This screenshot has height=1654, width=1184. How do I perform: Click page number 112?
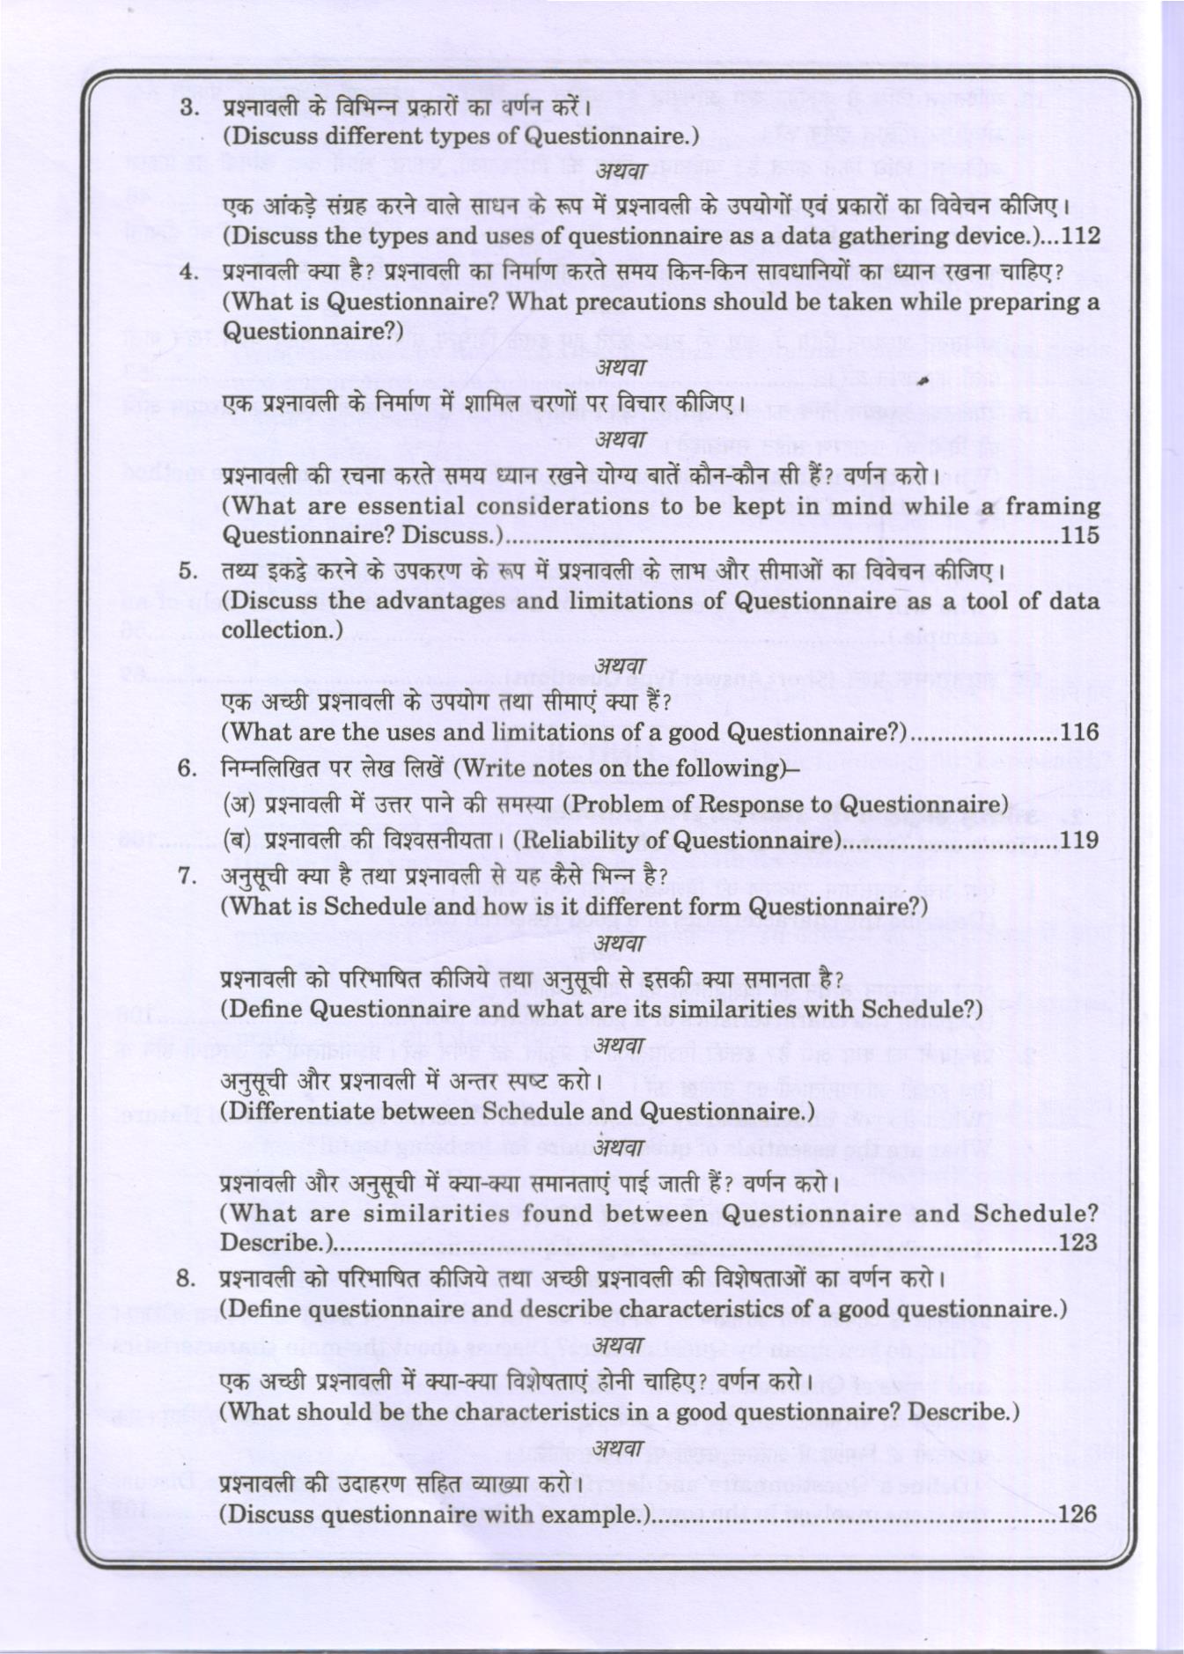(1081, 235)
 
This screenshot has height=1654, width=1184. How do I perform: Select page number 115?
(1081, 534)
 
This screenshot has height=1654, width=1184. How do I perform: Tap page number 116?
(1080, 731)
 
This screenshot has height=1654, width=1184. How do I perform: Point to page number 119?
(1080, 840)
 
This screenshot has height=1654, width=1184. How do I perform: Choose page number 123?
(1079, 1242)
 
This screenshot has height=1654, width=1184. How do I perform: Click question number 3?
(188, 108)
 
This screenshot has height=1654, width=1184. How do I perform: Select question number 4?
(188, 272)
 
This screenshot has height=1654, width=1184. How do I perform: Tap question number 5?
(188, 571)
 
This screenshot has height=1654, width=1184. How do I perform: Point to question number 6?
(188, 768)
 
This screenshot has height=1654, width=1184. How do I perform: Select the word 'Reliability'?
(585, 841)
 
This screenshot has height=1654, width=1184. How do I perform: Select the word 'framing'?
(1053, 506)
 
